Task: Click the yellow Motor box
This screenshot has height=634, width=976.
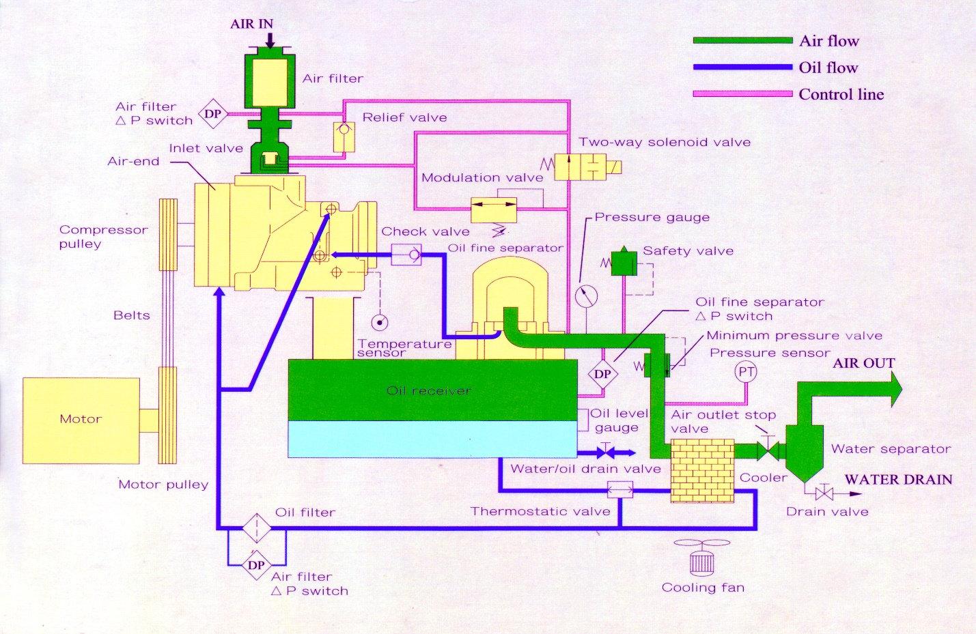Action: [81, 420]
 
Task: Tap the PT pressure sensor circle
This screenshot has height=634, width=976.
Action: [746, 372]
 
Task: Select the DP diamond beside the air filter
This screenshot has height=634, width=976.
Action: [212, 114]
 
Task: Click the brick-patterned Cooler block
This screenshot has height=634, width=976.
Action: [702, 471]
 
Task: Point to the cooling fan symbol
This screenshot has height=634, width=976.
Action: [701, 557]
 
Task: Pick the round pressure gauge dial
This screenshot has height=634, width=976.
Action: [586, 296]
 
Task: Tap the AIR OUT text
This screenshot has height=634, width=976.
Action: [863, 363]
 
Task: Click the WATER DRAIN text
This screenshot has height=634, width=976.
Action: [898, 479]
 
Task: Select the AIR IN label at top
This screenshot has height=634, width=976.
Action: [251, 24]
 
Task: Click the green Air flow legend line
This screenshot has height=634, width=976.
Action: [742, 40]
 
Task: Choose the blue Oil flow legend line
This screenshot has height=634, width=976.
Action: [742, 67]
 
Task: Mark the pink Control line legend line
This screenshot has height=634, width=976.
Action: [742, 93]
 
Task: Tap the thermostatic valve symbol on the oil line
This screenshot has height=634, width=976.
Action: [620, 489]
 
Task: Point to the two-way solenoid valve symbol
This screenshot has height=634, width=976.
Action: [581, 167]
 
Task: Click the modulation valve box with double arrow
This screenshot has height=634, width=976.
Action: [493, 210]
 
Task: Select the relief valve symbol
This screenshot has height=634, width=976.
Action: [344, 136]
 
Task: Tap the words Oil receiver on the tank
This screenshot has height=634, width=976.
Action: [428, 391]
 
